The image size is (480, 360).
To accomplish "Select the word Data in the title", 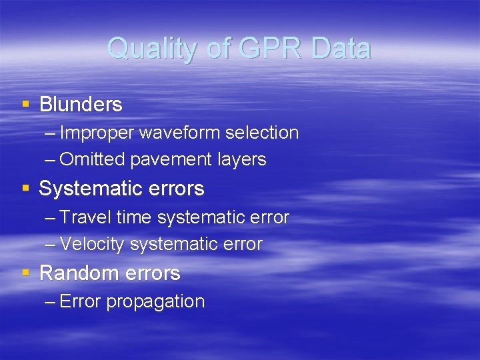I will (x=340, y=49).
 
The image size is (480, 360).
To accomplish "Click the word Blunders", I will (x=81, y=105).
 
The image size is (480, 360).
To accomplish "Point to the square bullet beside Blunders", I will (x=25, y=104).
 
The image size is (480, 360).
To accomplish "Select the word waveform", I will (x=179, y=133).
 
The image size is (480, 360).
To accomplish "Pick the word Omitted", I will (x=93, y=160).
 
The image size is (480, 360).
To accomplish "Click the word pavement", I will (x=173, y=160).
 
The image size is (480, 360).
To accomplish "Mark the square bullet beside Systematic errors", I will (x=25, y=188).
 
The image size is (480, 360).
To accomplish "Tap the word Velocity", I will (x=92, y=245).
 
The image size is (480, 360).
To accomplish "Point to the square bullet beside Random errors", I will (x=25, y=273).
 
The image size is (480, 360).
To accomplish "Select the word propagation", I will (x=155, y=302).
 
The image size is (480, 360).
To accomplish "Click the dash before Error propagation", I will (x=50, y=302).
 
